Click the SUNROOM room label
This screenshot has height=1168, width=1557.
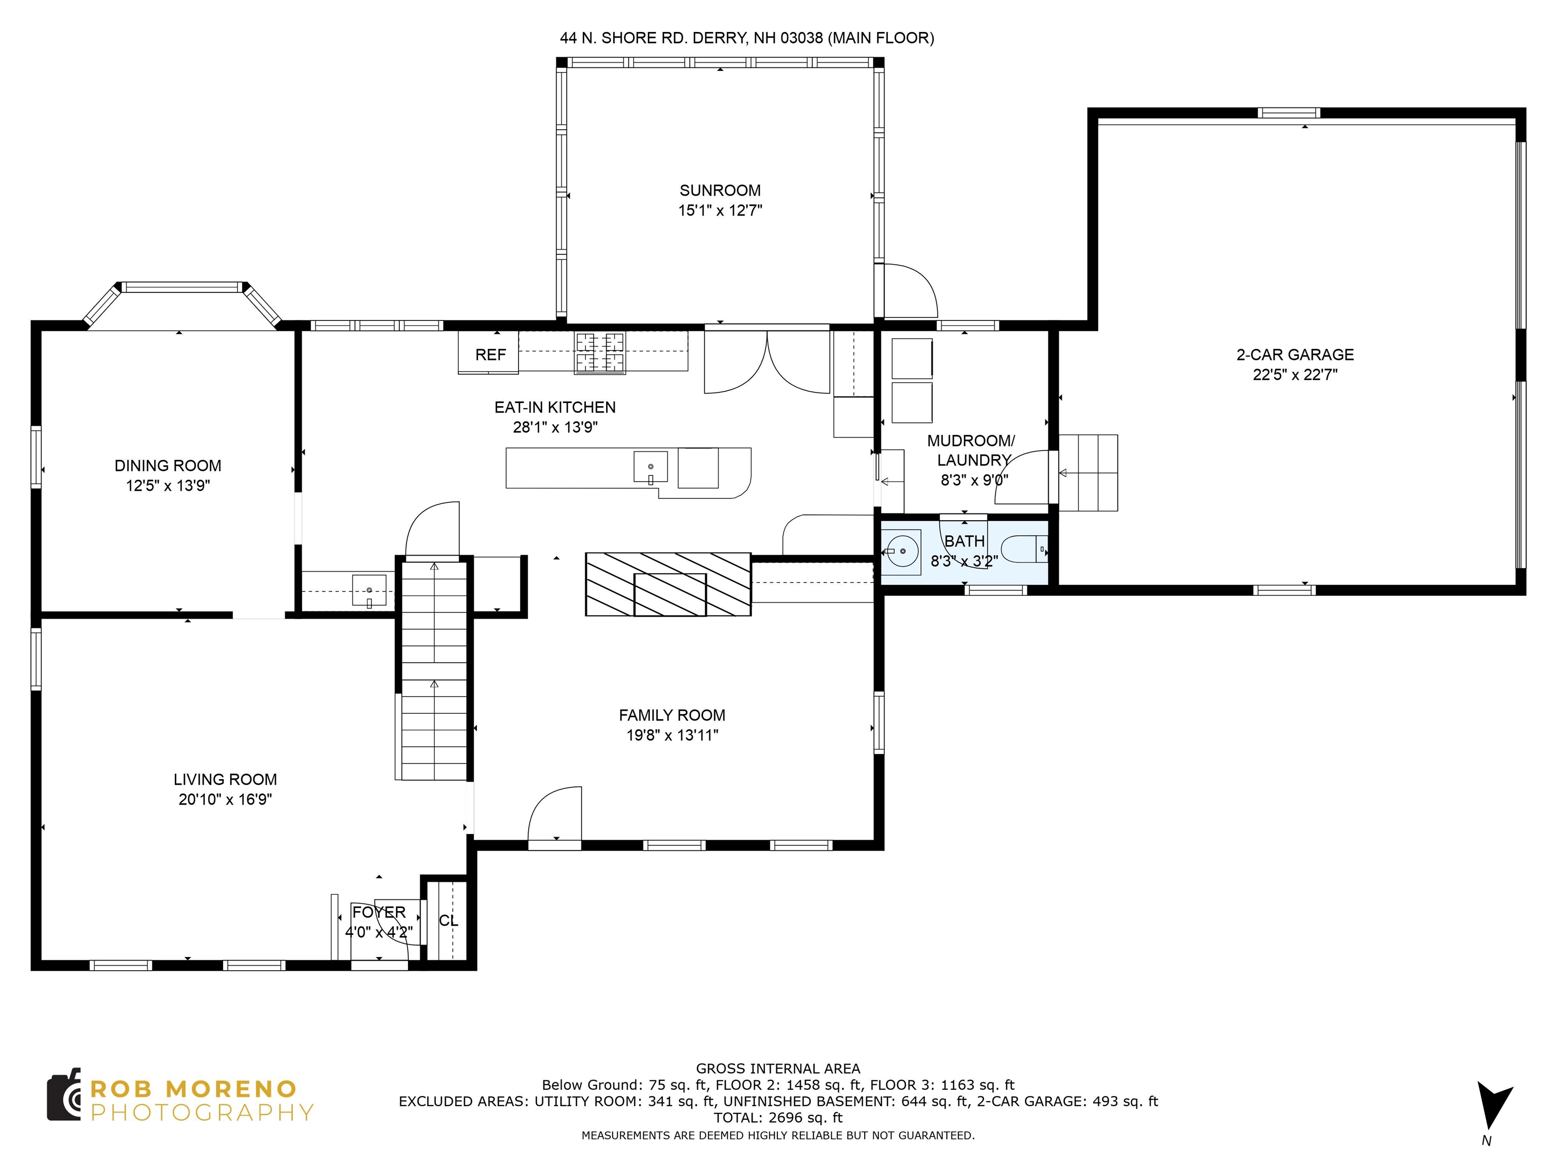(720, 190)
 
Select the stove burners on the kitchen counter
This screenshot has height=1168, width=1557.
(600, 352)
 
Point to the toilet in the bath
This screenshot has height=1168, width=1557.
(1024, 549)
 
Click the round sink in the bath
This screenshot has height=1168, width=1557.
(902, 551)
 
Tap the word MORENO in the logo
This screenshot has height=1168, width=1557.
(232, 1089)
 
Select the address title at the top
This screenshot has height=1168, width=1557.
(747, 38)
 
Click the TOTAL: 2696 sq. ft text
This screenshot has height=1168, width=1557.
(778, 1117)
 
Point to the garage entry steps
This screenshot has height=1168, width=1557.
(1088, 472)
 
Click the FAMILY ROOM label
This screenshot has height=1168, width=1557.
(672, 715)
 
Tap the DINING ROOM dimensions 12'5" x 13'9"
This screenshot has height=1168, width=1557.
(168, 485)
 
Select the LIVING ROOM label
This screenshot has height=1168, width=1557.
(225, 779)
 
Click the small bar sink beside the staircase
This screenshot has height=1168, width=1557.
(369, 591)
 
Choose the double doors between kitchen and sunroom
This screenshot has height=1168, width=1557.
(767, 360)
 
